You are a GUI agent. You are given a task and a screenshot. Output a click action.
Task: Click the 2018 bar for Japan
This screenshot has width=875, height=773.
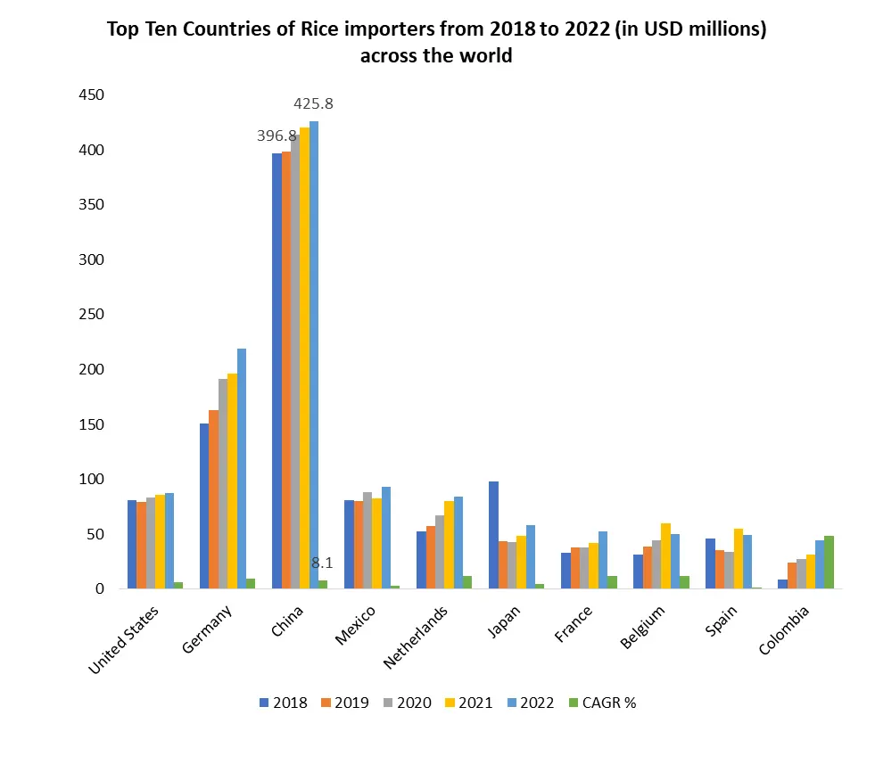click(x=493, y=535)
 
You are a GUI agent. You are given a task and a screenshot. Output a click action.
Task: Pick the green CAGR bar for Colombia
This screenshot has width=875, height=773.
click(x=829, y=562)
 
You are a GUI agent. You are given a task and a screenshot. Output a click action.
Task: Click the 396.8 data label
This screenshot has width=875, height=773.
click(x=277, y=136)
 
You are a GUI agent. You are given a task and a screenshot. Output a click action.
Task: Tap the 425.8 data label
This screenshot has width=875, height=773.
click(x=313, y=104)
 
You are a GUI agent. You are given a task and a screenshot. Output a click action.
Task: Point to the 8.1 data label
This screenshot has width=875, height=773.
click(x=322, y=563)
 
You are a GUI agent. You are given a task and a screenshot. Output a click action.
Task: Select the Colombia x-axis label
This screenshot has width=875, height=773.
click(x=785, y=630)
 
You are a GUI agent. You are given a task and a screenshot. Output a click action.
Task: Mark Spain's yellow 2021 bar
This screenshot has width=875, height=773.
click(x=738, y=558)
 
